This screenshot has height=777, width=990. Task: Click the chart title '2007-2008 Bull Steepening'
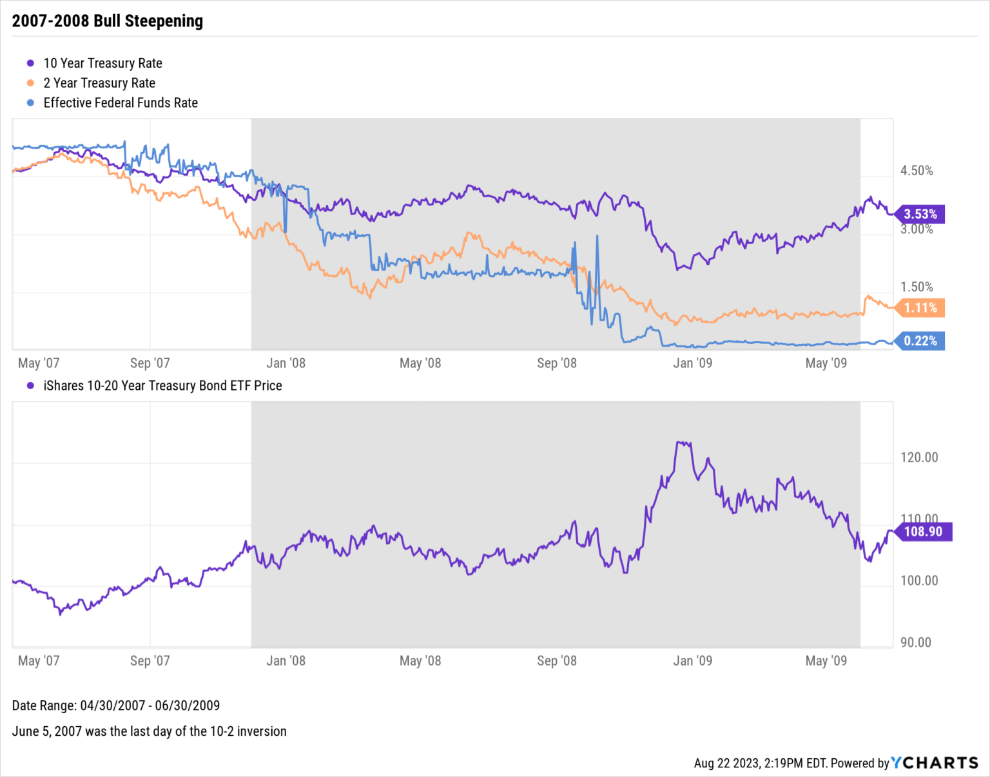pos(107,21)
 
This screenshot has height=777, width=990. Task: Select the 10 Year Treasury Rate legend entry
pos(102,63)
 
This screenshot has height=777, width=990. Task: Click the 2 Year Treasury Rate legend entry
pos(99,83)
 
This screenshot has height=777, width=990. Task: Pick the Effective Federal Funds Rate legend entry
pos(120,103)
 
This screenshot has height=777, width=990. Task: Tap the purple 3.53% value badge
pos(920,214)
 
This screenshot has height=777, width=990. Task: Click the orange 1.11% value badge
pos(920,308)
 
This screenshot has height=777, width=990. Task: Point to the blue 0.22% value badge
pos(920,341)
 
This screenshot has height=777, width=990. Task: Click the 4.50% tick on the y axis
pos(917,171)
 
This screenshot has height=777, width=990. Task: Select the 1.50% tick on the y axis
pos(917,287)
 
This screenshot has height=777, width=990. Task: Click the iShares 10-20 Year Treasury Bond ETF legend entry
pos(162,386)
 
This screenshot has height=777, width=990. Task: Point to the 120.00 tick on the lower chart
pos(919,457)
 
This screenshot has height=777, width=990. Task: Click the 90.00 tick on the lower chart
pos(915,642)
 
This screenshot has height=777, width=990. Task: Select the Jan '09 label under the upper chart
pos(692,363)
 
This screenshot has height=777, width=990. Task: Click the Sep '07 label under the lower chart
pos(150,661)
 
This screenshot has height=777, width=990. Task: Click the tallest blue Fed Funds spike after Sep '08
pos(597,236)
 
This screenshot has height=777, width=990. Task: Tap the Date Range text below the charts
pos(116,705)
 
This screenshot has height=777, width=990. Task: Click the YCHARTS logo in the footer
pos(935,763)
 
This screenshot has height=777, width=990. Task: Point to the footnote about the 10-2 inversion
pos(149,731)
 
